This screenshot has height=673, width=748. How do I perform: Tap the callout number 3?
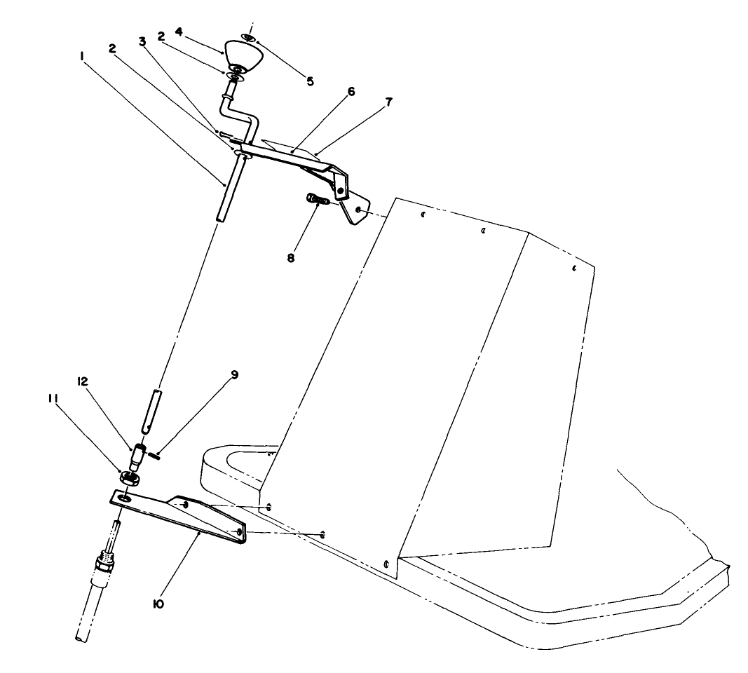pos(142,41)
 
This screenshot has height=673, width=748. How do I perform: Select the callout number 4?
pos(179,32)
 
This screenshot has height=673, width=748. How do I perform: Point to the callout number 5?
pos(310,81)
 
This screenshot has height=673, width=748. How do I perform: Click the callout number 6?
pos(351,91)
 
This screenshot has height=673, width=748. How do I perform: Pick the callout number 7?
pos(388,102)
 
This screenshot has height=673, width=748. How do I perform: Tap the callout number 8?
pos(291,258)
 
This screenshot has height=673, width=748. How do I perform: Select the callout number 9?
pos(233,374)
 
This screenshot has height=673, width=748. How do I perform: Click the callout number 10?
pos(158,604)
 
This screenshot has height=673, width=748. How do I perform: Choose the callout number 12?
pos(81,381)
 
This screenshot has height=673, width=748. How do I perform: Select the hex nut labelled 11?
pos(129,477)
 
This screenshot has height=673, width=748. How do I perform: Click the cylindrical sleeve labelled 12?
pos(138,456)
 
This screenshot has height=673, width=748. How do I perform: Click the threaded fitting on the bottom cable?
pos(105,563)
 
